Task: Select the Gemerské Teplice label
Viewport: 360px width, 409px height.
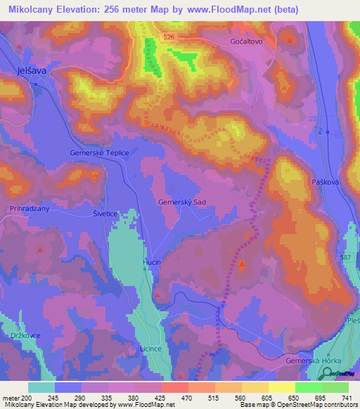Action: click(x=98, y=152)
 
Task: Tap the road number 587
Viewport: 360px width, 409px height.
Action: click(x=346, y=259)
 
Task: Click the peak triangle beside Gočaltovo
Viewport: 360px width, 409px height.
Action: click(x=290, y=41)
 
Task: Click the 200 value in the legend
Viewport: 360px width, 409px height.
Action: click(x=27, y=398)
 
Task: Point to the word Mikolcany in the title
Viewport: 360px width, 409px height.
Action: click(x=34, y=10)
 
